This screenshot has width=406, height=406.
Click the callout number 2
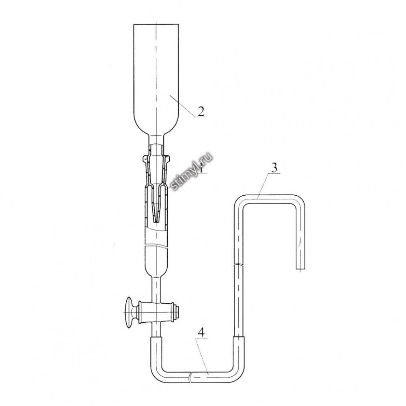tap(201, 111)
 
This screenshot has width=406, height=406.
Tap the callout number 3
tap(274, 168)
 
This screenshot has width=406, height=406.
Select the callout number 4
tap(201, 333)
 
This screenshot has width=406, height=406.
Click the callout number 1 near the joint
tap(201, 169)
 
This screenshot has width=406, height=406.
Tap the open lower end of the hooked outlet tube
tap(300, 269)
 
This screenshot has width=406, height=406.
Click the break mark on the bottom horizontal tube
tap(190, 376)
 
